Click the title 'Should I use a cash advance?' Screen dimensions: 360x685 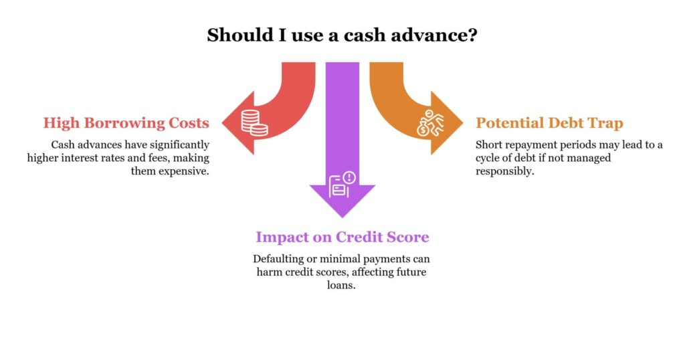[x=342, y=35]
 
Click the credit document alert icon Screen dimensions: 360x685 [x=342, y=184]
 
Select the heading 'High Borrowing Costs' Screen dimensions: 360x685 [x=126, y=122]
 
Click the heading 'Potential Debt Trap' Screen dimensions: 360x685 [x=549, y=122]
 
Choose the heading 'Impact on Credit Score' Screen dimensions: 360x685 [x=342, y=237]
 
